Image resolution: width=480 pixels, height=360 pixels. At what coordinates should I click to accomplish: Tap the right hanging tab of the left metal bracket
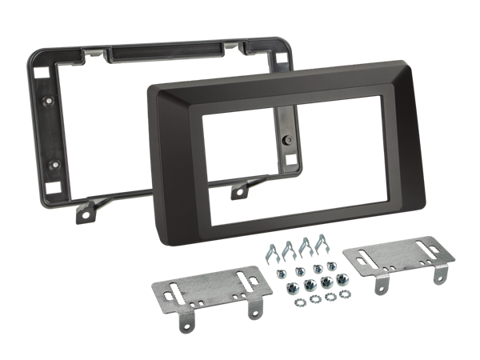(258, 306)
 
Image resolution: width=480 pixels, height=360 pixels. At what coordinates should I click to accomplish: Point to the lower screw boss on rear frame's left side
(54, 165)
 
